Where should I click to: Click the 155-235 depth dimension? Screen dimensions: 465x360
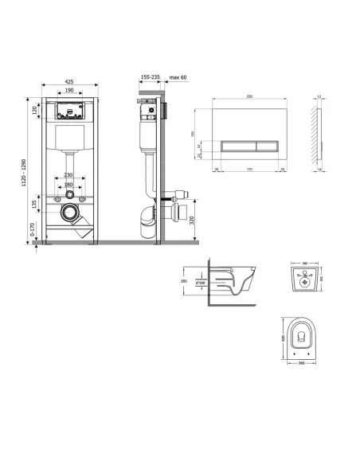pyautogui.click(x=150, y=77)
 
